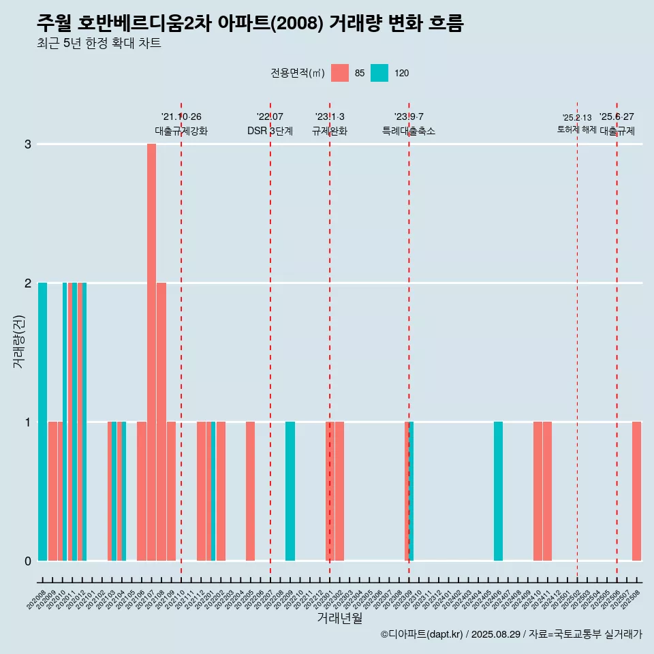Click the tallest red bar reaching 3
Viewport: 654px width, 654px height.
pyautogui.click(x=151, y=352)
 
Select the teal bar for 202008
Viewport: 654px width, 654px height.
pyautogui.click(x=42, y=421)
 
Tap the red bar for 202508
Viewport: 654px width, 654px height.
pyautogui.click(x=636, y=490)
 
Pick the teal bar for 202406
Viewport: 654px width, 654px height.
pyautogui.click(x=498, y=490)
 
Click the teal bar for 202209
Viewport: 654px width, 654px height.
pyautogui.click(x=290, y=490)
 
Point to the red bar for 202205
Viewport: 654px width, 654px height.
pyautogui.click(x=250, y=490)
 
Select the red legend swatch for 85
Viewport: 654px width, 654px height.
pyautogui.click(x=339, y=73)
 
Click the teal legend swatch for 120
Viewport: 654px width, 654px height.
pyautogui.click(x=379, y=73)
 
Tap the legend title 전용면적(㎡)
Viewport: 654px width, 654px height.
pyautogui.click(x=297, y=73)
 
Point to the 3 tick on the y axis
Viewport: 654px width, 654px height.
pyautogui.click(x=28, y=144)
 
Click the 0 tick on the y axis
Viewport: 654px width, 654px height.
pyautogui.click(x=28, y=561)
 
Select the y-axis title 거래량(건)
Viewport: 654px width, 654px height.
pyautogui.click(x=19, y=341)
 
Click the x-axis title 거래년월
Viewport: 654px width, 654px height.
pyautogui.click(x=339, y=619)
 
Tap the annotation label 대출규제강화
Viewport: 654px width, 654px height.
pyautogui.click(x=181, y=131)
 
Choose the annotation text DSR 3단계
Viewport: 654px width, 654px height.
pyautogui.click(x=270, y=131)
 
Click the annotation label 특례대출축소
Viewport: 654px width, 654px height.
pyautogui.click(x=408, y=131)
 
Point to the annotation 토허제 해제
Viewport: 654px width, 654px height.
pyautogui.click(x=576, y=129)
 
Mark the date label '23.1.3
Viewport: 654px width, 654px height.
pyautogui.click(x=330, y=116)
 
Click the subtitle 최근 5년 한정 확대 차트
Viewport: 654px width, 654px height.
pyautogui.click(x=99, y=44)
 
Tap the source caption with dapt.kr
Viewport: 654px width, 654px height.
pyautogui.click(x=511, y=634)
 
